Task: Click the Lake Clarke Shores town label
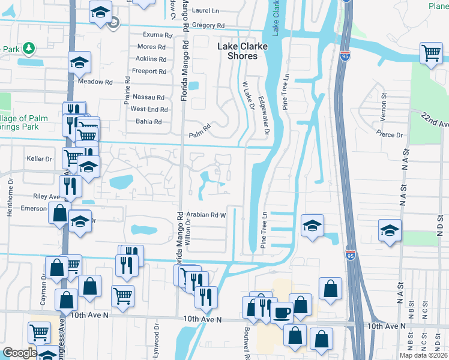pyautogui.click(x=238, y=50)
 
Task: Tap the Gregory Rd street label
pyautogui.click(x=208, y=26)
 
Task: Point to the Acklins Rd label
pyautogui.click(x=151, y=59)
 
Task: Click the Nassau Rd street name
pyautogui.click(x=148, y=97)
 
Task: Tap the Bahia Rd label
pyautogui.click(x=149, y=122)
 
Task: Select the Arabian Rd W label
pyautogui.click(x=206, y=214)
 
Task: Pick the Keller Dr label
pyautogui.click(x=41, y=160)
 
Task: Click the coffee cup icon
pyautogui.click(x=282, y=311)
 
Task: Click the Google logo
pyautogui.click(x=20, y=353)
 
